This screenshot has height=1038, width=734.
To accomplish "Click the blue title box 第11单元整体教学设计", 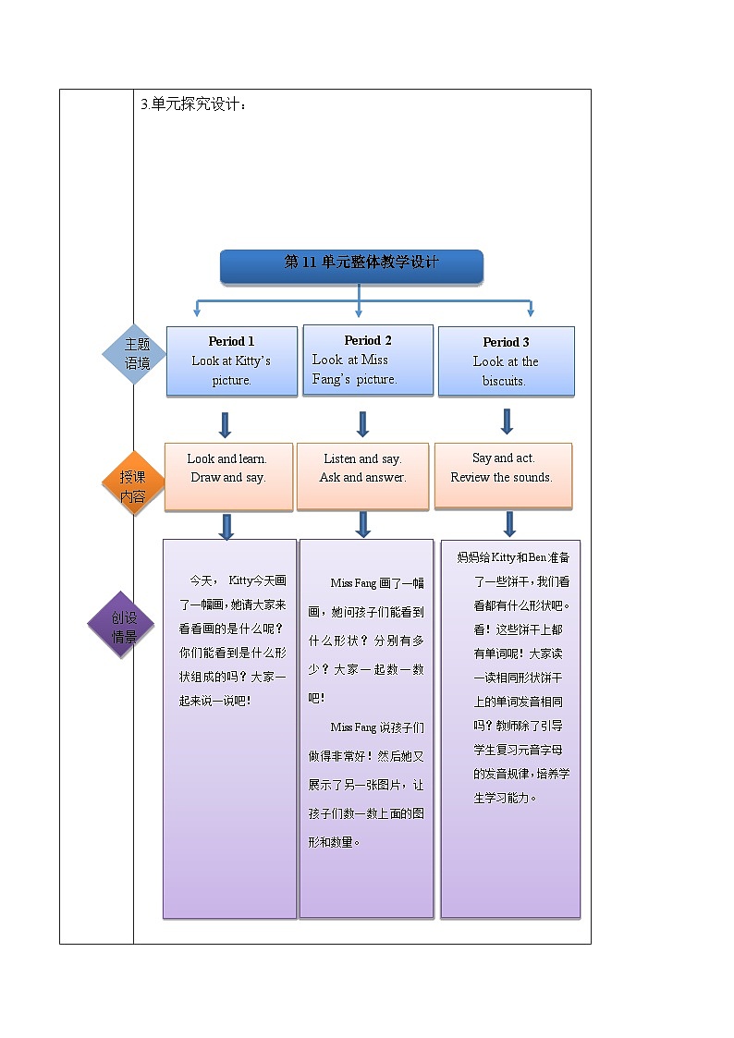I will coord(351,264).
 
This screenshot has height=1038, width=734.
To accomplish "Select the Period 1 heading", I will coord(231,341).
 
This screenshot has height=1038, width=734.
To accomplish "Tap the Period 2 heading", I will coord(367,340).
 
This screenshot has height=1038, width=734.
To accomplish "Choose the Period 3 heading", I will coord(506,342).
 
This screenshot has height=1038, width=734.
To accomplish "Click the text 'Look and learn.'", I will coord(227,458).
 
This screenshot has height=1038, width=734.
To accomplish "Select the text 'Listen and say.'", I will coord(362,458).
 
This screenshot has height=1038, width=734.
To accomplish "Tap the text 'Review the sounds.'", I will coord(501,477).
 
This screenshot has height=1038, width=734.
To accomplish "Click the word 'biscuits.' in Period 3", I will coord(504,381).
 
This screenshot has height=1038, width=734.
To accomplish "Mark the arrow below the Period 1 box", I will coord(225,425).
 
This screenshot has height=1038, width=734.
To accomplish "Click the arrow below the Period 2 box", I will coord(362,424).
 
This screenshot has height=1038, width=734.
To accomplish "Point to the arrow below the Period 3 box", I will coord(507,421).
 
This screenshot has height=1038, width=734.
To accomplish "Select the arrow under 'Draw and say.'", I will coord(226,527).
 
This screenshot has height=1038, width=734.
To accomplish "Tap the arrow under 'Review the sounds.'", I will coord(508,524).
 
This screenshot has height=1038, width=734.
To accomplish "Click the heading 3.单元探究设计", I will coord(193,104).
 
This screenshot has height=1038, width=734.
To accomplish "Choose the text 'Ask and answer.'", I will coord(362,478).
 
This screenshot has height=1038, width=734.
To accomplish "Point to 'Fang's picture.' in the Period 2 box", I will coord(354,379).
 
